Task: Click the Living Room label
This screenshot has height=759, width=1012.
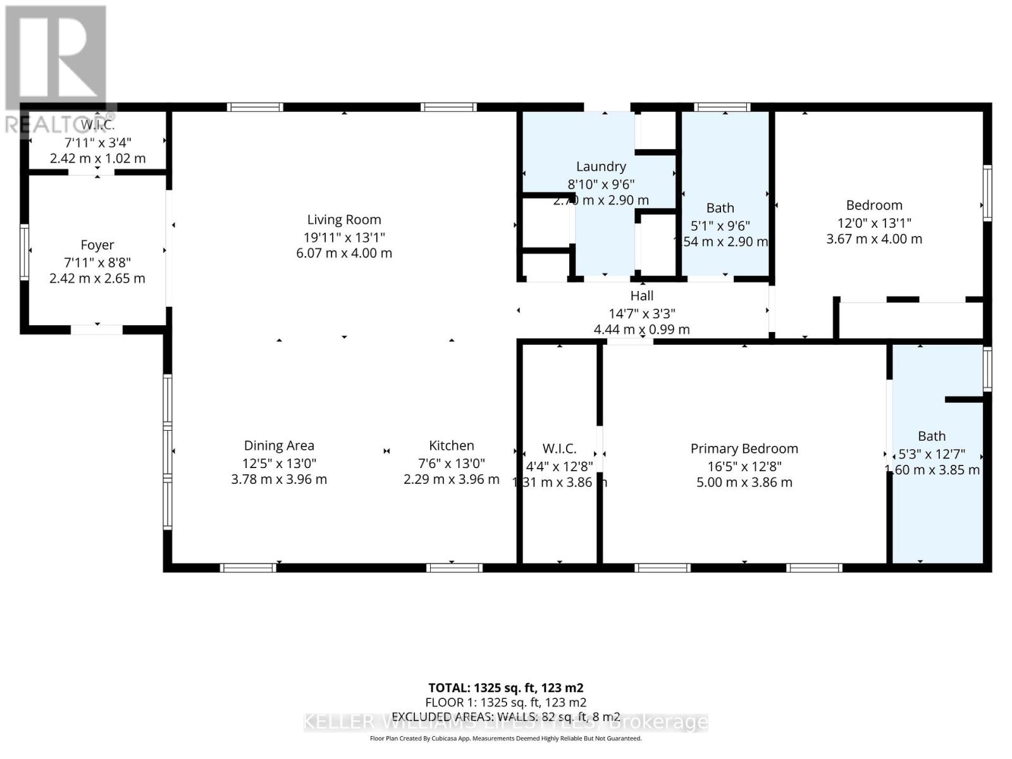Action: click(x=344, y=219)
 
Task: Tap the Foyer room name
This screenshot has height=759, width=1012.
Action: click(x=97, y=245)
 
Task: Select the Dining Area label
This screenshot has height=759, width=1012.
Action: click(x=279, y=445)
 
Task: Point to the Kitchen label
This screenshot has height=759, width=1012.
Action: click(x=451, y=445)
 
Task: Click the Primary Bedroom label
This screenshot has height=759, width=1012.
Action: click(x=744, y=448)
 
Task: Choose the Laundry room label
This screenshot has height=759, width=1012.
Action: click(x=601, y=166)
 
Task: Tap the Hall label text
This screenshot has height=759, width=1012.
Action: click(x=641, y=295)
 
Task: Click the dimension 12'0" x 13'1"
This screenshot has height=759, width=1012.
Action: click(x=874, y=223)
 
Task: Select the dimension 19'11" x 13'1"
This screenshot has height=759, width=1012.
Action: click(x=344, y=237)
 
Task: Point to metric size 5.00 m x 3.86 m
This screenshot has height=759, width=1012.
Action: click(x=744, y=482)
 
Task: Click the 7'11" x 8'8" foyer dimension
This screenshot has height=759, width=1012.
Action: click(x=97, y=262)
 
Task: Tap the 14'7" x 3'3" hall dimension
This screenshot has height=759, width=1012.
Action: click(x=641, y=313)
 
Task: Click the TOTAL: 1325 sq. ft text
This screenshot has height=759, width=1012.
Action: click(x=505, y=688)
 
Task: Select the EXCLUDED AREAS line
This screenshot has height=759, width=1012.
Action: click(x=505, y=717)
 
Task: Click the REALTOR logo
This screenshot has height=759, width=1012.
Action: click(x=57, y=70)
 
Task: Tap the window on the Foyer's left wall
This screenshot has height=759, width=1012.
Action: click(x=24, y=252)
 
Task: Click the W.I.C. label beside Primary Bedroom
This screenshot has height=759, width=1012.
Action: click(x=559, y=448)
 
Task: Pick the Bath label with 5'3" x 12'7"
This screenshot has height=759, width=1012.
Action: click(x=932, y=436)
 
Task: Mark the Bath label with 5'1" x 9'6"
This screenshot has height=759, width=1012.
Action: click(x=720, y=207)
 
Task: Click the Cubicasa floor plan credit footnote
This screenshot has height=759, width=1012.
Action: click(x=505, y=738)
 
